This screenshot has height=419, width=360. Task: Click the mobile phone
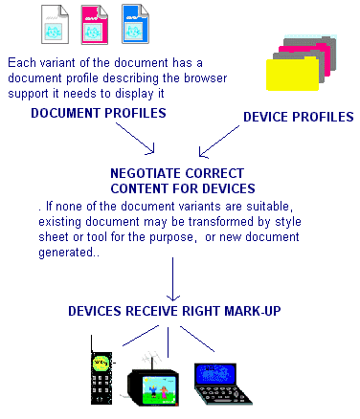100,376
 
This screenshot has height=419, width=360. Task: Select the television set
154,383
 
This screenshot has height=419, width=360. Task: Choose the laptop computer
223,381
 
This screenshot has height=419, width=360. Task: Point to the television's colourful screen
153,387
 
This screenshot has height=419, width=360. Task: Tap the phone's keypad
100,388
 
